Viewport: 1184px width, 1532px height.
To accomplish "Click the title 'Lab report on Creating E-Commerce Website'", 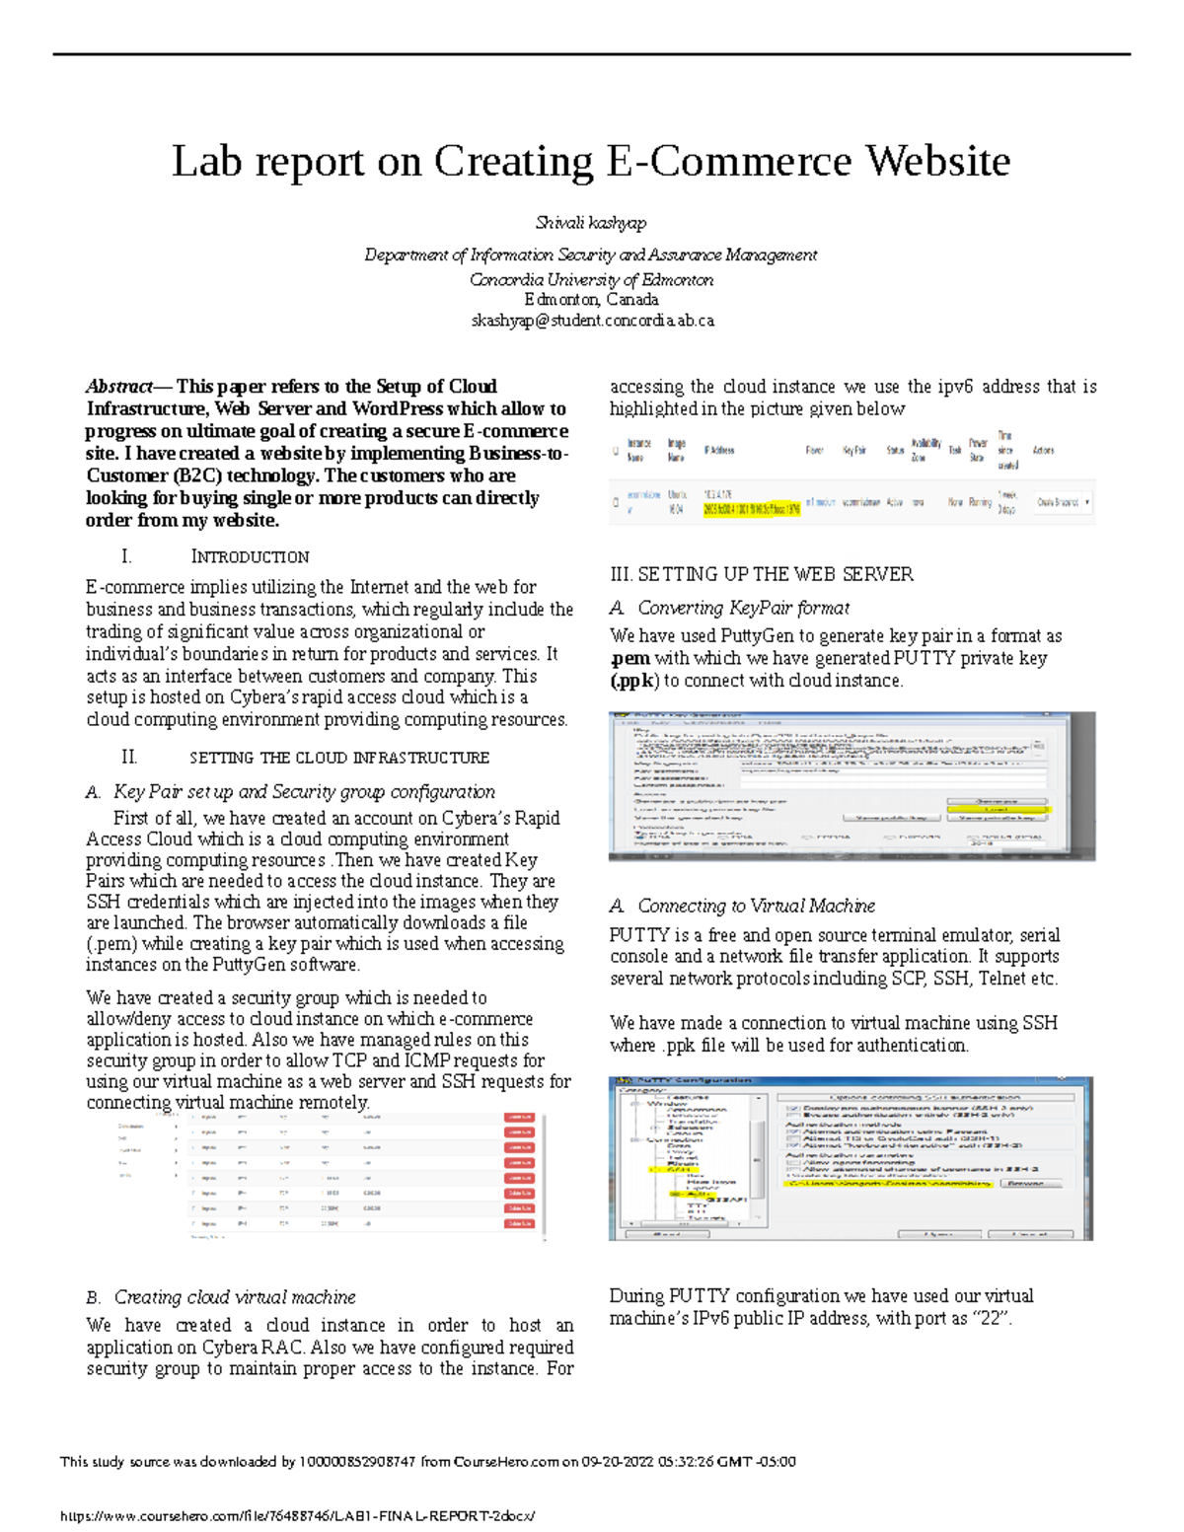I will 591,161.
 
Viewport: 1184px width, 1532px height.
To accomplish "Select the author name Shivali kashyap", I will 591,223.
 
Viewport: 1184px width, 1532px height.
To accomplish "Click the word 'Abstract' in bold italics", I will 119,387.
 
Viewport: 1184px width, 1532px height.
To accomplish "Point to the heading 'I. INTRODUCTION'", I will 215,556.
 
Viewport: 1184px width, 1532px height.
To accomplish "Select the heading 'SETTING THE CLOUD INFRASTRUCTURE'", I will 338,758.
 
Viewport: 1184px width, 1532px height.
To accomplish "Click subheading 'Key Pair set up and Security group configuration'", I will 304,791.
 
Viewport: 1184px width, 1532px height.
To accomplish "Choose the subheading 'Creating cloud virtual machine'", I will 235,1297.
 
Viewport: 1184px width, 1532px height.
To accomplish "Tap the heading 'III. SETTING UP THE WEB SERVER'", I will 761,574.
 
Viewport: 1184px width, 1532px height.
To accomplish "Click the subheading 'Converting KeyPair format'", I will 743,608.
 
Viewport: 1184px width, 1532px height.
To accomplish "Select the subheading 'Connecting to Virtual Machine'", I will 756,906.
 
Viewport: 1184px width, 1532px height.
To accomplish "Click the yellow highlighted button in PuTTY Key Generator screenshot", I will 998,809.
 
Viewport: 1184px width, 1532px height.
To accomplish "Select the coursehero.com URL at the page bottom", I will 297,1516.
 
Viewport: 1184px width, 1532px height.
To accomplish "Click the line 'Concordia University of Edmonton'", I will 591,280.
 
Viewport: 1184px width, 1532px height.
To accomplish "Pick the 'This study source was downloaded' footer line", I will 427,1461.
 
